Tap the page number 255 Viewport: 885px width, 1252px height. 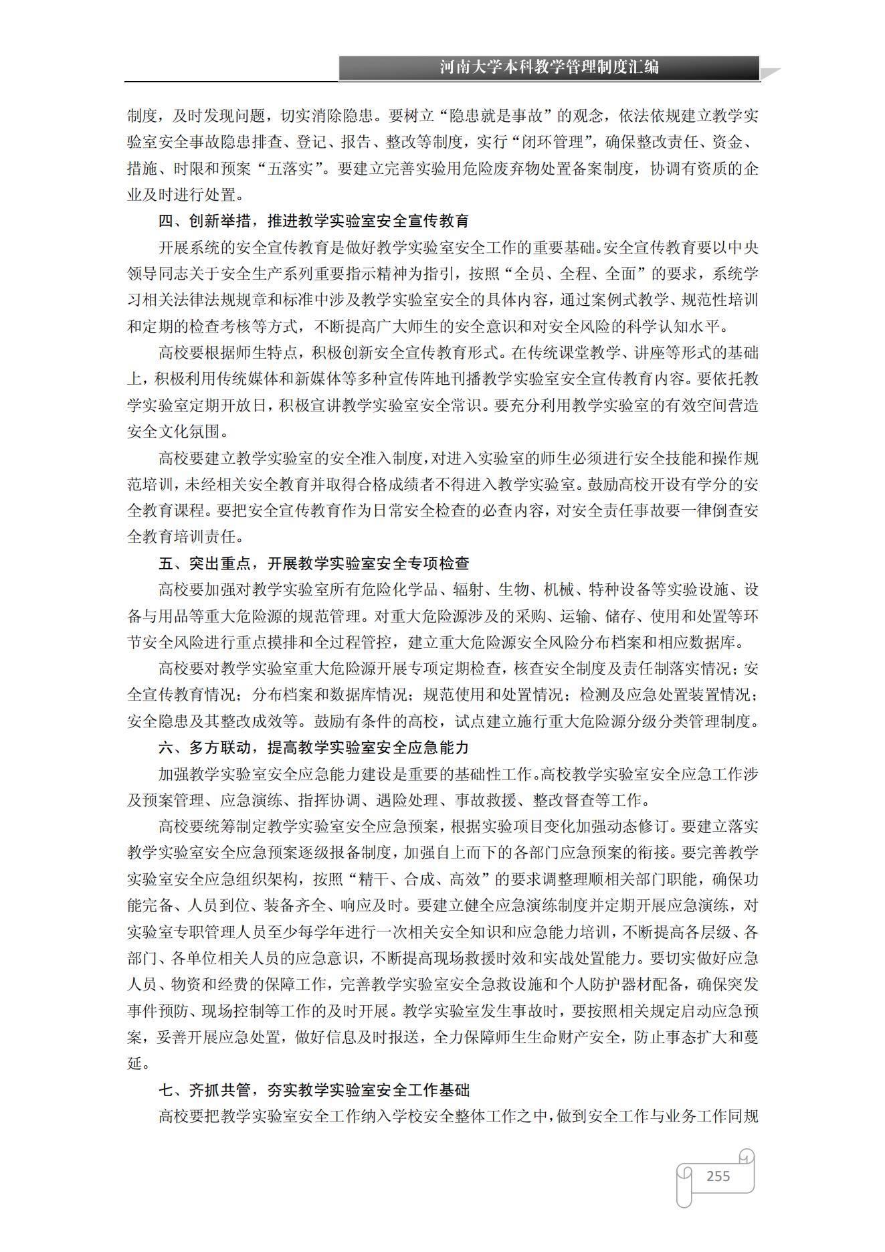click(718, 1176)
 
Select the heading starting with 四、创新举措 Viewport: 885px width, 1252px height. click(313, 221)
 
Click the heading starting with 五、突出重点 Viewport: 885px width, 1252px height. click(313, 563)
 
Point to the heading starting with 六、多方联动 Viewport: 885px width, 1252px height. click(313, 747)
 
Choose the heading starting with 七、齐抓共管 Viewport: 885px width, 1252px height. click(313, 1090)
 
